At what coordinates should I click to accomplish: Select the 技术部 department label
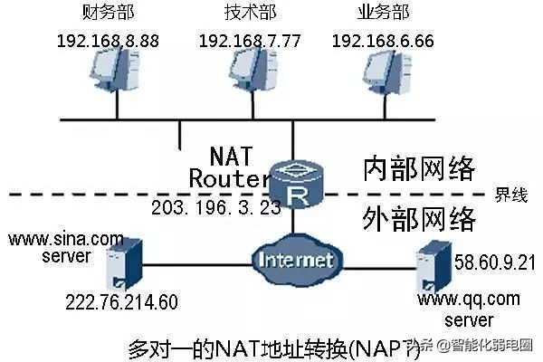(243, 14)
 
